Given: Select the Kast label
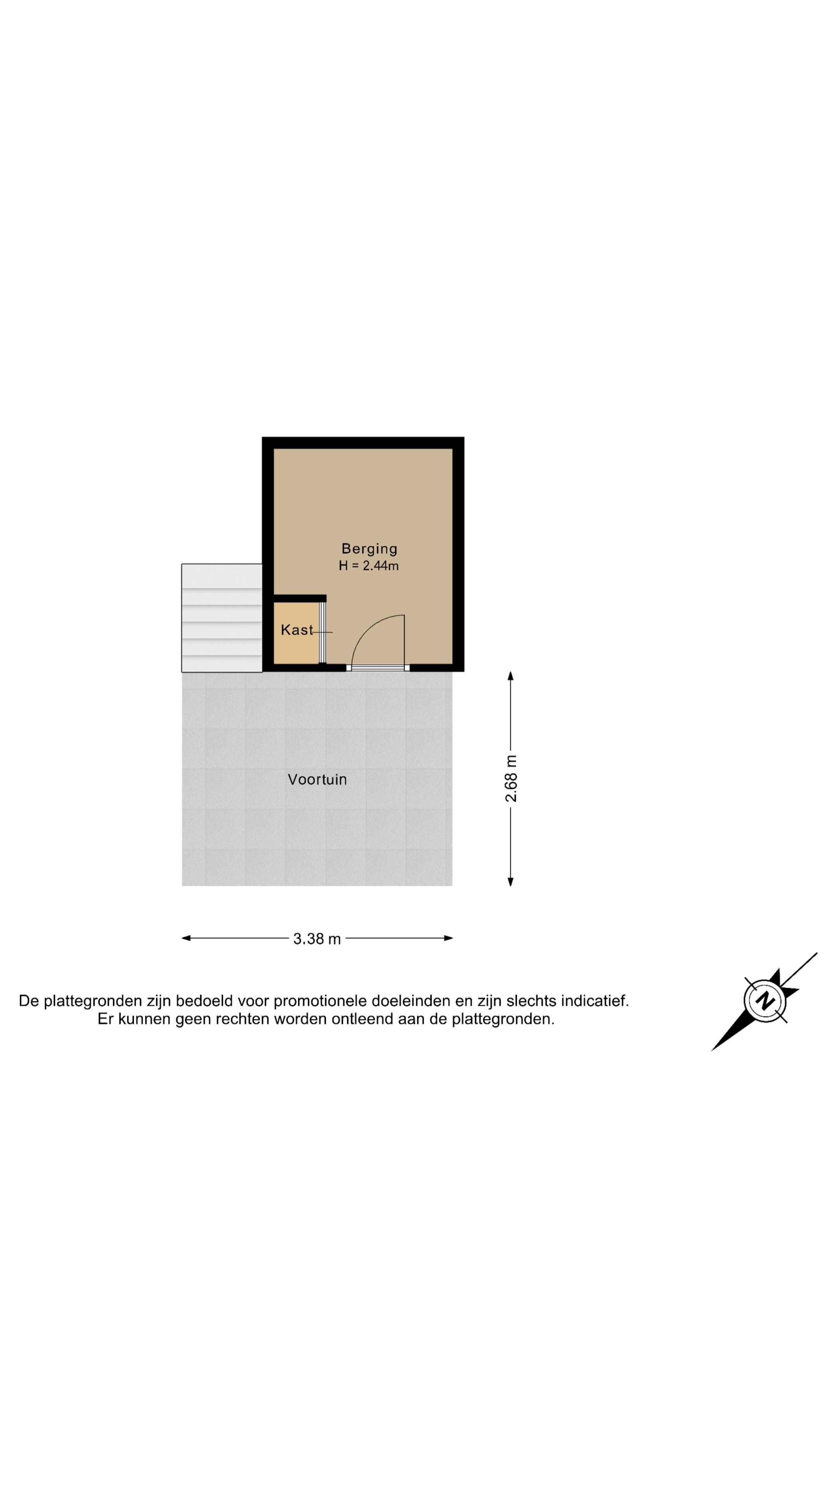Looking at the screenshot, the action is [x=297, y=630].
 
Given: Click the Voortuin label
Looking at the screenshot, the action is [x=317, y=779].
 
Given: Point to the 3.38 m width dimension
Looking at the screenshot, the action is [x=317, y=939].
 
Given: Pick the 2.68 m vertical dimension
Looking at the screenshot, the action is [x=511, y=778].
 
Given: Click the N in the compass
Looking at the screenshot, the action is [x=766, y=1001].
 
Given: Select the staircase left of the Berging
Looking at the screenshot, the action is [x=222, y=618].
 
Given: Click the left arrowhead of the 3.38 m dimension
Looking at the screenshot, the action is [x=186, y=938].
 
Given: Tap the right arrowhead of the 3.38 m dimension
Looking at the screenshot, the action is [x=448, y=938].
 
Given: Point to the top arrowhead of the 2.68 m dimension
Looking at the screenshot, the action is [x=511, y=676].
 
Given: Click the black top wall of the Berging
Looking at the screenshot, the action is [x=363, y=443].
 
